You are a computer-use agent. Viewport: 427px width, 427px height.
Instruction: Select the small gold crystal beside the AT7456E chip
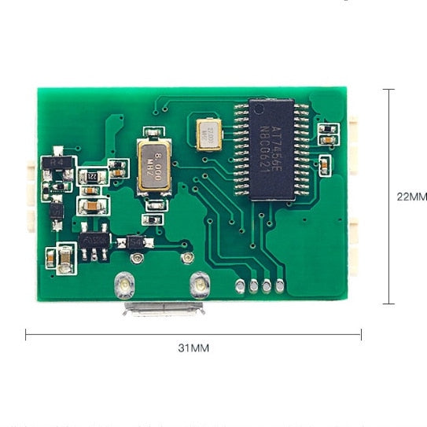pos(209,131)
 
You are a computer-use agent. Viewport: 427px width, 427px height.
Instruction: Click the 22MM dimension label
pos(411,197)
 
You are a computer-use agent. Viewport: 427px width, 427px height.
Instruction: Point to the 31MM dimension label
pos(194,347)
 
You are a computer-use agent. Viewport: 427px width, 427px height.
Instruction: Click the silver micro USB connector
pos(163,307)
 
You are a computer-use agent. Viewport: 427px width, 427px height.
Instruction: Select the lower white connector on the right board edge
pos(355,244)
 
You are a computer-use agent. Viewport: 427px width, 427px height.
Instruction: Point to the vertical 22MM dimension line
pos(388,197)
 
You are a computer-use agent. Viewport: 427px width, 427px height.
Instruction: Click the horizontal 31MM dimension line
pos(193,334)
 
